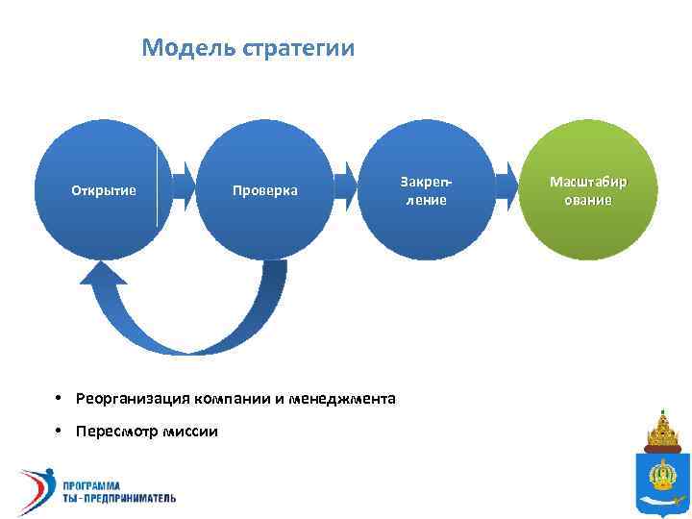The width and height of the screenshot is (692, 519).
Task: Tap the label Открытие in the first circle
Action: (x=104, y=190)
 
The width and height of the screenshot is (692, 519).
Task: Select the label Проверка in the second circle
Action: (x=265, y=190)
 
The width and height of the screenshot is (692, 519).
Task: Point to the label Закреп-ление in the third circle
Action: (x=425, y=190)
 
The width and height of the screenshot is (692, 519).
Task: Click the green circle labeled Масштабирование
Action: (x=588, y=190)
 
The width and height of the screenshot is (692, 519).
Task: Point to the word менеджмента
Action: (x=348, y=398)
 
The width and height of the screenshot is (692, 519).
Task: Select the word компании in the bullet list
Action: (x=227, y=398)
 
